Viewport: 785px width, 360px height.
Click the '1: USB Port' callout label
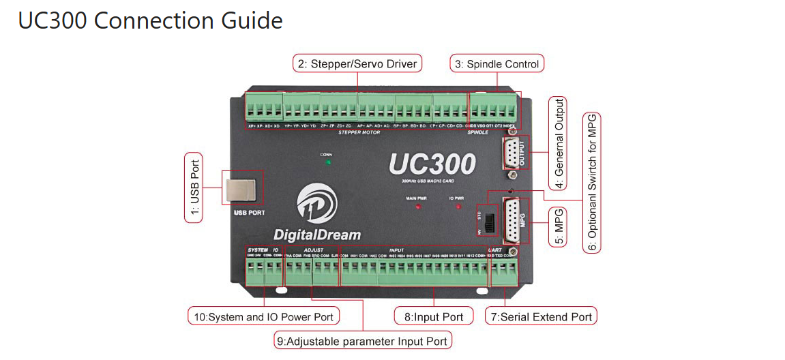click(194, 187)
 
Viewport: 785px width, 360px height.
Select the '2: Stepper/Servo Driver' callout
click(358, 64)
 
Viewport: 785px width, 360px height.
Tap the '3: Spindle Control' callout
click(497, 64)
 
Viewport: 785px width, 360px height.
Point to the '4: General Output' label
click(559, 143)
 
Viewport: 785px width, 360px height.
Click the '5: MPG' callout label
click(559, 222)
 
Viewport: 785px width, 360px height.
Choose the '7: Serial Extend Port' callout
click(541, 316)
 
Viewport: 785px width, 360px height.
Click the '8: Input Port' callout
click(434, 316)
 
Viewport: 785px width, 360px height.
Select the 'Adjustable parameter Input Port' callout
click(364, 341)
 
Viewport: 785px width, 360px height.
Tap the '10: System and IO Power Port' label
click(265, 316)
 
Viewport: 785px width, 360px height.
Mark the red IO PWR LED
click(458, 206)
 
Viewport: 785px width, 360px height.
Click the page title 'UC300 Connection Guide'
click(150, 20)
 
